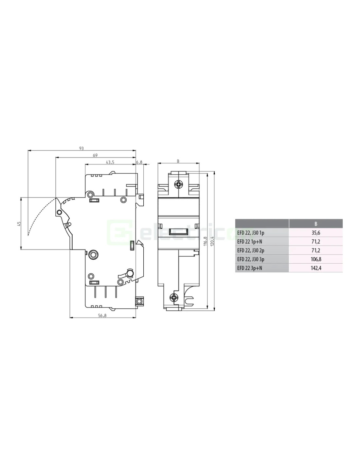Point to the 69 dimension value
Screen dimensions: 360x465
click(x=95, y=155)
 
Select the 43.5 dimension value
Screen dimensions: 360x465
click(x=110, y=162)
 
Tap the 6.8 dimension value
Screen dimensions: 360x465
click(x=139, y=162)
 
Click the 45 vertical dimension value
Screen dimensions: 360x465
click(x=19, y=224)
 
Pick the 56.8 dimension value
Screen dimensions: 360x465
click(x=102, y=315)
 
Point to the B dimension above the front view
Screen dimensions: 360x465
click(x=178, y=161)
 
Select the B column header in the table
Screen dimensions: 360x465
click(x=316, y=224)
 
